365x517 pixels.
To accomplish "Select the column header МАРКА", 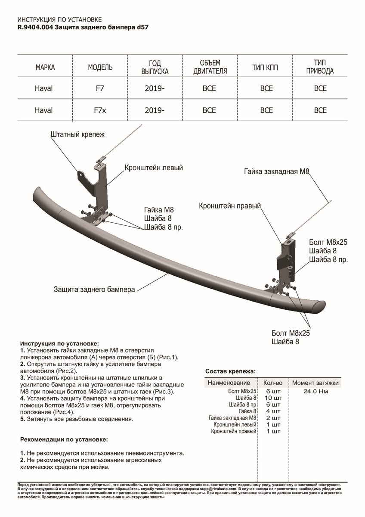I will [45, 68].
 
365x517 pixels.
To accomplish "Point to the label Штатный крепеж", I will [77, 134].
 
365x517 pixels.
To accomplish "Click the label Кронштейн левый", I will [154, 167].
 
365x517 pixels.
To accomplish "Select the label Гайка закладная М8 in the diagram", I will [276, 171].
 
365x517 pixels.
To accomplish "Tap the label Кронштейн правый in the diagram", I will [230, 206].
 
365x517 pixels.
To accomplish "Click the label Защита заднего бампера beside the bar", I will [95, 289].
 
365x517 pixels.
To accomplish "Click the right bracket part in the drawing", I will [286, 258].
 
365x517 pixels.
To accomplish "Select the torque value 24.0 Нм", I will [316, 391].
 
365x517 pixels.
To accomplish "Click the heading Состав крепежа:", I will [230, 371].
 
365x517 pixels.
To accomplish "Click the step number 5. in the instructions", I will [23, 419].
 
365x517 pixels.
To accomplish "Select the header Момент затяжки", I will [316, 383].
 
